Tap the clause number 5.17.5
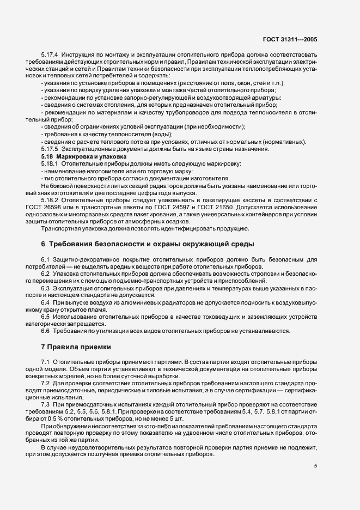pyautogui.click(x=50, y=149)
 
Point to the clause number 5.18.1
pyautogui.click(x=50, y=163)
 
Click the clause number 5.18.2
pyautogui.click(x=50, y=200)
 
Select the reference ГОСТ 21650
pyautogui.click(x=215, y=207)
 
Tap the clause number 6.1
pyautogui.click(x=45, y=259)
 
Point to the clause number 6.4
pyautogui.click(x=45, y=302)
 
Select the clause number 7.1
pyautogui.click(x=45, y=362)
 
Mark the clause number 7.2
pyautogui.click(x=45, y=384)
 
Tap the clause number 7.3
pyautogui.click(x=45, y=405)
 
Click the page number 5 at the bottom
pyautogui.click(x=315, y=466)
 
